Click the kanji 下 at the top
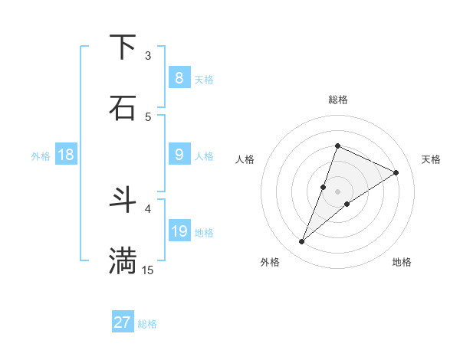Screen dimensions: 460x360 pos(123,47)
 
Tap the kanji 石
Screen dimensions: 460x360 pos(123,107)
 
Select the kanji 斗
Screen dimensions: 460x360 pos(123,200)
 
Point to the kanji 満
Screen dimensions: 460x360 pos(123,260)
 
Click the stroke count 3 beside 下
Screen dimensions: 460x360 pos(148,55)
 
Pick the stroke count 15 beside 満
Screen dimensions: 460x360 pos(148,270)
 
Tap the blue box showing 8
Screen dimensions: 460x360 pos(179,78)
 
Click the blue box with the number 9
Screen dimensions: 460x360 pos(179,155)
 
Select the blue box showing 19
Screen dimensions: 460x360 pos(179,231)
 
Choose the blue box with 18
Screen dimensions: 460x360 pos(66,155)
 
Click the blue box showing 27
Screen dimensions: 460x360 pos(123,322)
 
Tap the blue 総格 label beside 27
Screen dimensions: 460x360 pos(147,324)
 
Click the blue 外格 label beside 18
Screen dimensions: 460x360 pos(41,156)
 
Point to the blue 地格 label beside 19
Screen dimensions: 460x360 pos(204,233)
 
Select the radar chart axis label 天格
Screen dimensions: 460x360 pos(431,159)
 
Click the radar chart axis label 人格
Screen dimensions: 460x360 pos(245,159)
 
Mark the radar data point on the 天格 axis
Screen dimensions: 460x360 pos(396,172)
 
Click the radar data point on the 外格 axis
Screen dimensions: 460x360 pos(302,242)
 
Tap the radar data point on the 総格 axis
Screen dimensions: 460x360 pos(337,146)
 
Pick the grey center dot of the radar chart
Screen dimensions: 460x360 pos(337,191)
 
